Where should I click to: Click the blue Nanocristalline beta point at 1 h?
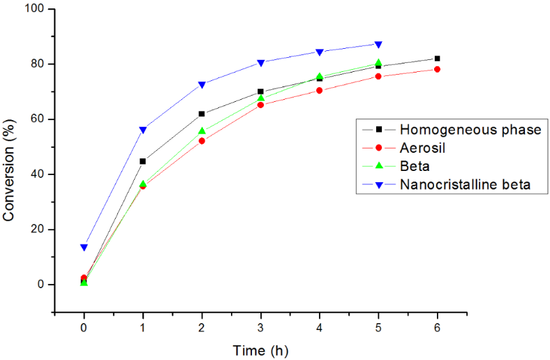[143, 130]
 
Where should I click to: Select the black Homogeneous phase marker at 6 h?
[437, 59]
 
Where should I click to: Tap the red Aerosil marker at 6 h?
[437, 69]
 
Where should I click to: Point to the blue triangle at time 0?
[84, 248]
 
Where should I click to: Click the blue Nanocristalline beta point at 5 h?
[378, 45]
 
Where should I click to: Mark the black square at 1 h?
[143, 161]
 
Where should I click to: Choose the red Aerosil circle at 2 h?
[202, 141]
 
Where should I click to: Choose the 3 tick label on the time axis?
[260, 327]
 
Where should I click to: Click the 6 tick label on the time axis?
[437, 327]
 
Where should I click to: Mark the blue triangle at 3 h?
[260, 63]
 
